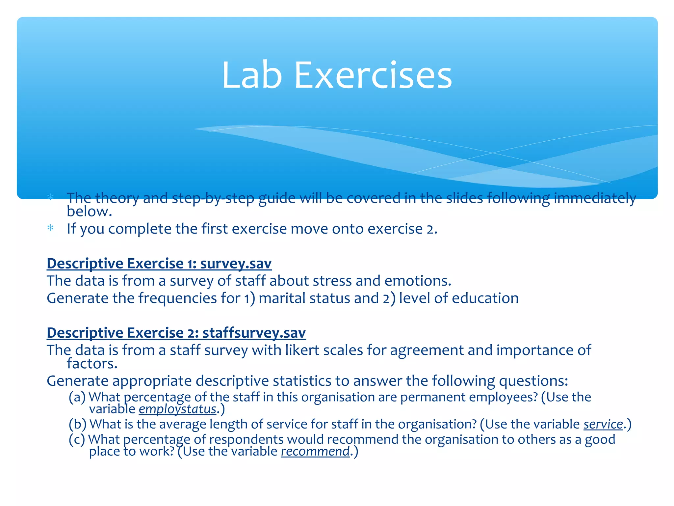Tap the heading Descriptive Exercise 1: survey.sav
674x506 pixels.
click(159, 264)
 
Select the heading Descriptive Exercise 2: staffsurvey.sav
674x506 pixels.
click(176, 333)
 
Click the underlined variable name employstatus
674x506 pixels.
click(178, 409)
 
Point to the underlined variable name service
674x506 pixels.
click(603, 424)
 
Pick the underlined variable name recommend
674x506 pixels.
click(315, 451)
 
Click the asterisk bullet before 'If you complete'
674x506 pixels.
click(50, 228)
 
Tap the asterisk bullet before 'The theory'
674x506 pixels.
click(50, 197)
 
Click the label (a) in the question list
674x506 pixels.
click(77, 397)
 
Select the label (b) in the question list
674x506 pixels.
click(77, 424)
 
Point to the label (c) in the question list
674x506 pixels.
click(77, 440)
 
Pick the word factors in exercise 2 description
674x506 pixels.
click(92, 364)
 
